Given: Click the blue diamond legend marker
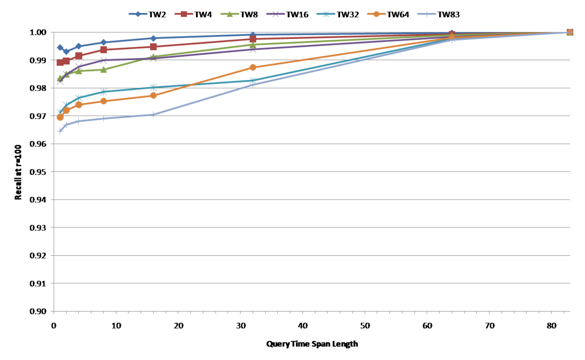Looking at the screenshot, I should pos(138,14).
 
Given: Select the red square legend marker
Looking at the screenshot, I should pos(184,14).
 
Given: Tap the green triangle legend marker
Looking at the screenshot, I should pos(230,14).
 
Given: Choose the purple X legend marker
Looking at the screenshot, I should pos(275,14).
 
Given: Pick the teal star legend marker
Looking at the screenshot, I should pos(326,14).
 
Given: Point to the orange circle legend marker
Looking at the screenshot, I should pos(376,14).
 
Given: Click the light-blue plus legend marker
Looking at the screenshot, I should pos(427,14).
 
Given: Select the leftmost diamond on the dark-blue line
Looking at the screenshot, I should pos(60,47).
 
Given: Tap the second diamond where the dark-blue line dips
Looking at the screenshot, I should pos(66,52).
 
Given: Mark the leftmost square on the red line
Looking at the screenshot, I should pos(60,62).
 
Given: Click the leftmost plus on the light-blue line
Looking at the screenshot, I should pos(60,131).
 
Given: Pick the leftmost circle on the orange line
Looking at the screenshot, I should pos(60,118).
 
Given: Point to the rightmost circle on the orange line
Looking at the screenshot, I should pos(570,32).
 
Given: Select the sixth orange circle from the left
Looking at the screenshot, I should pos(253,67).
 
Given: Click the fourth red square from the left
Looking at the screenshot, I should pos(103,50).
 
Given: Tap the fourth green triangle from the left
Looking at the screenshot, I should pos(103,70).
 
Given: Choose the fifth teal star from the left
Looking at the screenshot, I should pos(153,87).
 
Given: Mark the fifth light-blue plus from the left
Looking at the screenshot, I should pos(153,115).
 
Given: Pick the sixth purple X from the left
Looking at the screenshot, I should pos(253,49).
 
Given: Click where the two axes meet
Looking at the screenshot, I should pos(54,311).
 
